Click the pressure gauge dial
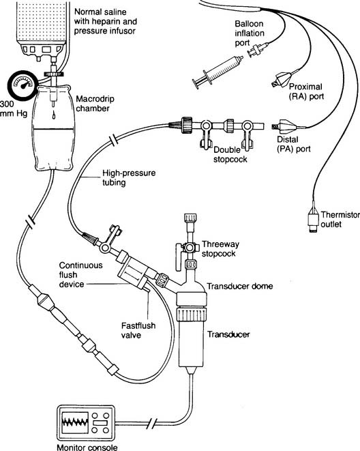[x=22, y=86]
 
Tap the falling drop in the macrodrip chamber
[x=54, y=115]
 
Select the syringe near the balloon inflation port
[x=218, y=72]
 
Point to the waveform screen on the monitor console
[x=75, y=422]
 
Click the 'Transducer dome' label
[x=240, y=286]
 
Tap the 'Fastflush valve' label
[x=138, y=330]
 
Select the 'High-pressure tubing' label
[x=129, y=177]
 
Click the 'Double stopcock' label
[x=230, y=154]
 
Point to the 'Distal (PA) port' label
[x=294, y=144]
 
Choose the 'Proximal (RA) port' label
[x=306, y=91]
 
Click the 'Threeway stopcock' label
[x=220, y=249]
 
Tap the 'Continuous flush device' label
[x=80, y=275]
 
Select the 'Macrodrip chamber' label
[x=95, y=104]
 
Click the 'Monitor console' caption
[x=87, y=448]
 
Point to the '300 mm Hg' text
[x=14, y=108]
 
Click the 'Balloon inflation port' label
[x=250, y=33]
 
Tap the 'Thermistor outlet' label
[x=340, y=219]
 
